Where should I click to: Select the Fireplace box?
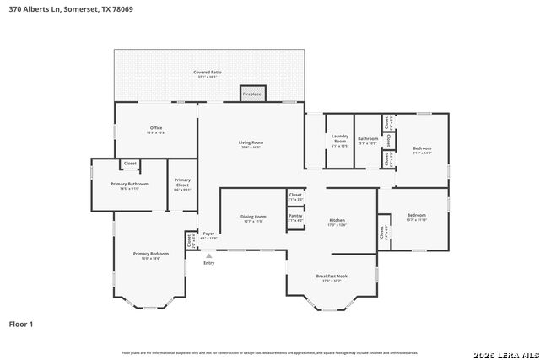pyautogui.click(x=252, y=94)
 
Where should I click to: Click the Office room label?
pyautogui.click(x=156, y=128)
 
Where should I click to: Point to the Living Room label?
pyautogui.click(x=251, y=142)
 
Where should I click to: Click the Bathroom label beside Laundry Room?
pyautogui.click(x=368, y=139)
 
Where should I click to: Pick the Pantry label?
pyautogui.click(x=295, y=216)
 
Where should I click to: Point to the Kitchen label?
pyautogui.click(x=337, y=221)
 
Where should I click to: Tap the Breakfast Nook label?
pyautogui.click(x=331, y=277)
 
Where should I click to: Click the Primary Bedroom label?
pyautogui.click(x=150, y=253)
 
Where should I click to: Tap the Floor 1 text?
pyautogui.click(x=20, y=324)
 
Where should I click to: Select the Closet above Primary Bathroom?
pyautogui.click(x=130, y=164)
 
